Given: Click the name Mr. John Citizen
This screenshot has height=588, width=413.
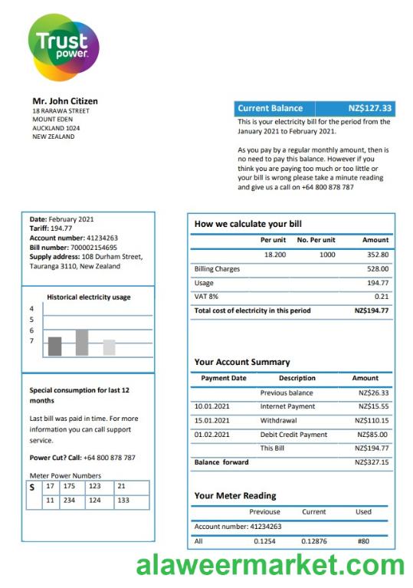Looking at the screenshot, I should (64, 101).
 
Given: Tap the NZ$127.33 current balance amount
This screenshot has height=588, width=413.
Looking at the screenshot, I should (369, 108).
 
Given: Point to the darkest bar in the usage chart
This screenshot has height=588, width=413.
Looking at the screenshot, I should (54, 346).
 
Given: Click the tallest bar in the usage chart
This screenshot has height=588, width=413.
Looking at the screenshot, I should (81, 342).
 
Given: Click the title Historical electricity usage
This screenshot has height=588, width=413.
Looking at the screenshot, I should (88, 297).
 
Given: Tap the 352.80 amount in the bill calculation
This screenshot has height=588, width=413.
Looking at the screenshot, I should (378, 254).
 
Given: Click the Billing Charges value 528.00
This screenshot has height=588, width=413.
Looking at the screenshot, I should (378, 269).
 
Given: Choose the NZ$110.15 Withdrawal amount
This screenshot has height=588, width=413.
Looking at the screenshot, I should (373, 420).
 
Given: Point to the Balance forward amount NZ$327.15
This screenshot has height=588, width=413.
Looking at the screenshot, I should (373, 462).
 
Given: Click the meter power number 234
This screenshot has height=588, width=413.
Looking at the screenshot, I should (70, 501).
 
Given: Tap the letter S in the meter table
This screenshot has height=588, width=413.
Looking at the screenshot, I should (32, 487).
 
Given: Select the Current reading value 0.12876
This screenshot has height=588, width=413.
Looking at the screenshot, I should (313, 541).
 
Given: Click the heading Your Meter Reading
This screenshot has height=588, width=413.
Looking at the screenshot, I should (235, 495).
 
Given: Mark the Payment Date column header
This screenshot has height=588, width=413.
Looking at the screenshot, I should (223, 378).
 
